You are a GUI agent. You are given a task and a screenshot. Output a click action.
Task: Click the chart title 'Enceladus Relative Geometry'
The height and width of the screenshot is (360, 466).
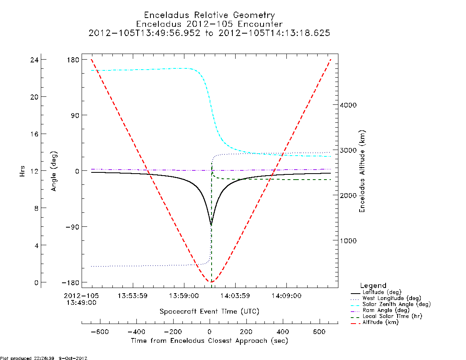point(210,15)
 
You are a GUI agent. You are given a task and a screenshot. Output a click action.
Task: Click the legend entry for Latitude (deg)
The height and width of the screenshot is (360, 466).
point(376,292)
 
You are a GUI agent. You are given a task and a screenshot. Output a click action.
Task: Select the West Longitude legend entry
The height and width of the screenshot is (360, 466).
point(386,298)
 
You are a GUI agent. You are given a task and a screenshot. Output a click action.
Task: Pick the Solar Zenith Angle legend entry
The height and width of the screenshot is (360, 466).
point(391,304)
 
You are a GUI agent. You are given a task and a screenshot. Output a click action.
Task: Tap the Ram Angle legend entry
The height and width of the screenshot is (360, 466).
point(380,310)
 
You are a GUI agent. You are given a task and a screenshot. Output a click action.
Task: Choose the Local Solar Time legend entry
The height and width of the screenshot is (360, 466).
point(386,316)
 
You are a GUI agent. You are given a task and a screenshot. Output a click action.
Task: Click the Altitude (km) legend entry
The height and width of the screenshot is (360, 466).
point(375,322)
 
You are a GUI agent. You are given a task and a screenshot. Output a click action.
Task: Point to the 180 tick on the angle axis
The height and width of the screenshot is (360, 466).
point(73,60)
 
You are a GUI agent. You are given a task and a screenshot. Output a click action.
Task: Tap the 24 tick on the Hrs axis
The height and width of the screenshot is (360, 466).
point(34,60)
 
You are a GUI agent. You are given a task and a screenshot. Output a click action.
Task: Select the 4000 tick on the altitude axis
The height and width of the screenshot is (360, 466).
point(348,105)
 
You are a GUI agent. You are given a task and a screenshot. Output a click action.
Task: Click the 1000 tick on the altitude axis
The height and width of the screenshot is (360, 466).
point(348,241)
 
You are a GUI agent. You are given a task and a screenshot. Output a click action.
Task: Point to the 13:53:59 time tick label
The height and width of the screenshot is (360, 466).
point(132,296)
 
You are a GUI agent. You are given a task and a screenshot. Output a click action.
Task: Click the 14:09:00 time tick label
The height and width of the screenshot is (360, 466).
point(286,296)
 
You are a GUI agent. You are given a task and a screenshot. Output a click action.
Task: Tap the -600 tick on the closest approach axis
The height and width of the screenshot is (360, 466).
point(100,332)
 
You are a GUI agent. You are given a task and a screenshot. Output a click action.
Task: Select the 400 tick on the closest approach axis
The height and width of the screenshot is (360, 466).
point(283,332)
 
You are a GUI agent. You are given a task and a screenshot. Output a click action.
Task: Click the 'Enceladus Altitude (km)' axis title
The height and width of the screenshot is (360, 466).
point(362,171)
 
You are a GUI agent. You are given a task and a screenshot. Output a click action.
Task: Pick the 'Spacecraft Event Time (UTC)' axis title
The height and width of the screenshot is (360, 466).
point(210,312)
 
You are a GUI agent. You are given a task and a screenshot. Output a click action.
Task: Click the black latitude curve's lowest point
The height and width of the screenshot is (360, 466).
point(211,225)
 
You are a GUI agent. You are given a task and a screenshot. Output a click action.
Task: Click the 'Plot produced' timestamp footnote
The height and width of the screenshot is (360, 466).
point(44,358)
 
